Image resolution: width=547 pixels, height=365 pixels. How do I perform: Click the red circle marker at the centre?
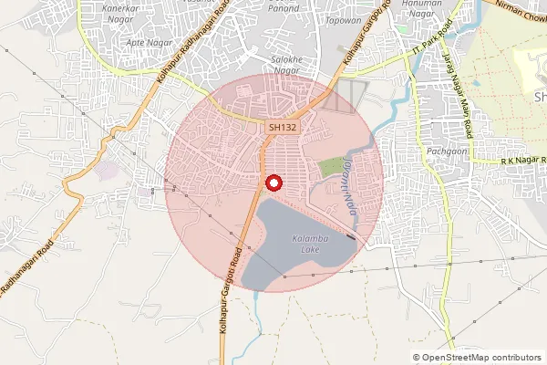click(271, 182)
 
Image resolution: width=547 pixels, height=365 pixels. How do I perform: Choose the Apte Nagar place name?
click(148, 42)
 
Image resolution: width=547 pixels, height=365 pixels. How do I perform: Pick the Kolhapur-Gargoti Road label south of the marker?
click(233, 282)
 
